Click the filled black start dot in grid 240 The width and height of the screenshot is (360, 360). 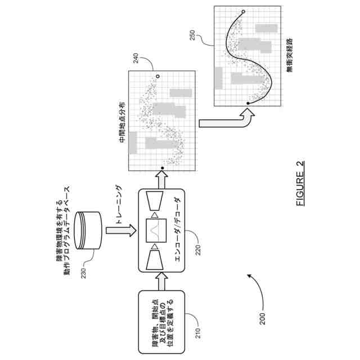pos(163,168)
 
